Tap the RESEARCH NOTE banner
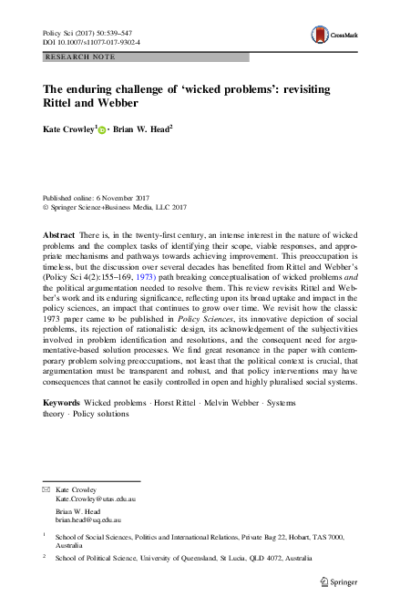[74, 57]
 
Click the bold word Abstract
[57, 235]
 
